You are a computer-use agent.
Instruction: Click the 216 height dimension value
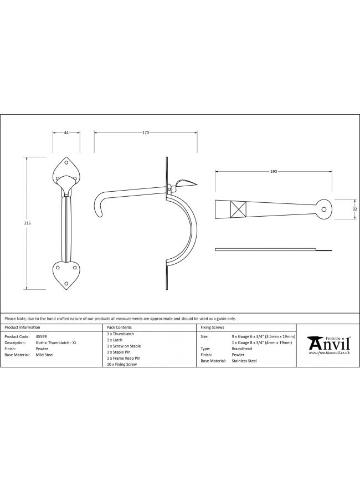27,223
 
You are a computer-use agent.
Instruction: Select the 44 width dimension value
66,132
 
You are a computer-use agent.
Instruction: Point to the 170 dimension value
146,132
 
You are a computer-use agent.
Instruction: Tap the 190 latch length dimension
274,171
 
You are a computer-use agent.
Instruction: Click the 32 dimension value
355,209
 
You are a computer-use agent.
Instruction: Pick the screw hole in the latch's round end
323,209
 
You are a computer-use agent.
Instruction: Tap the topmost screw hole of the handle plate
66,162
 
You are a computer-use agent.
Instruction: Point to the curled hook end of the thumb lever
99,208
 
